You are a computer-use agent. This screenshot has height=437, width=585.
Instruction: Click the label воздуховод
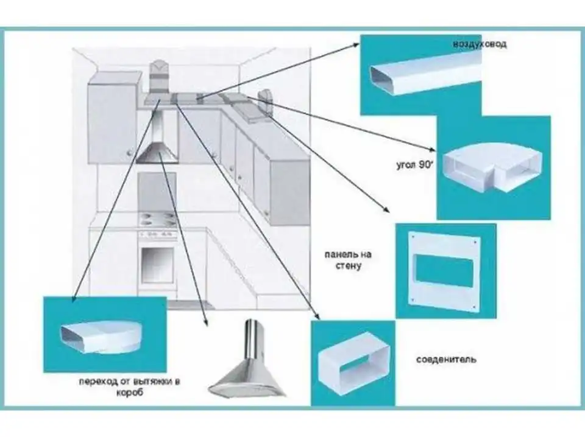click(x=480, y=44)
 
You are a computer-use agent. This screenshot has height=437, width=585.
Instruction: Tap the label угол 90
click(x=414, y=165)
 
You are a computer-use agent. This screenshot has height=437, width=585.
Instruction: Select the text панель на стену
click(x=348, y=260)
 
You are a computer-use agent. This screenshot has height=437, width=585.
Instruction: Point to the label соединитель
click(x=446, y=360)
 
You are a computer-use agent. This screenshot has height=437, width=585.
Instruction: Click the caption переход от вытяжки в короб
click(x=129, y=387)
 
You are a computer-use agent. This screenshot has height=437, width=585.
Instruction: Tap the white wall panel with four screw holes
click(x=444, y=270)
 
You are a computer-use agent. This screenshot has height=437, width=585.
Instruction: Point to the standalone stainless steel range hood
click(x=247, y=361)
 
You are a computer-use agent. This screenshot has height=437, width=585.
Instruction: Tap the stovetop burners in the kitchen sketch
click(x=157, y=219)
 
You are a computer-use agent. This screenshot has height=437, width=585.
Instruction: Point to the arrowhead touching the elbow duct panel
click(x=431, y=150)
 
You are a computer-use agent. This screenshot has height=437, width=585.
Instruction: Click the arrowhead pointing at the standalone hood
click(x=205, y=321)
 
